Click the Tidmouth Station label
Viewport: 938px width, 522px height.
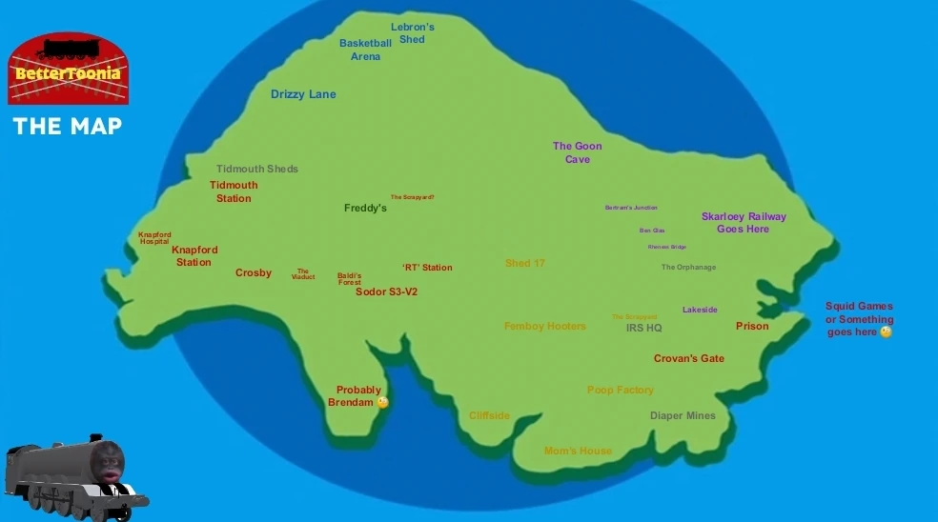click(234, 191)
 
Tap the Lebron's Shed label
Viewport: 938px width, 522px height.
click(412, 33)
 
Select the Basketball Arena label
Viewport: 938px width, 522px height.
click(365, 50)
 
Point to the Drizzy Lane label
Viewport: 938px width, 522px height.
click(303, 94)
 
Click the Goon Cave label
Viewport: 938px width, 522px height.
click(577, 152)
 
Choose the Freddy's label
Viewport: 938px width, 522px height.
click(365, 208)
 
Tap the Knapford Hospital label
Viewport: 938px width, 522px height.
click(154, 238)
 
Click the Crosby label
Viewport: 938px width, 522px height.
click(254, 272)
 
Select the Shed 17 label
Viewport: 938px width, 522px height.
click(524, 263)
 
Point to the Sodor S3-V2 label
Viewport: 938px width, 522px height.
click(386, 291)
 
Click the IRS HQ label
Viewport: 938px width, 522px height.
click(643, 328)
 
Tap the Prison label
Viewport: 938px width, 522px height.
click(752, 326)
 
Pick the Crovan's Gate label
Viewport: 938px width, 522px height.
click(688, 358)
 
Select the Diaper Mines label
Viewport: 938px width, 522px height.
click(683, 415)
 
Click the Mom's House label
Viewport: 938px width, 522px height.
click(578, 451)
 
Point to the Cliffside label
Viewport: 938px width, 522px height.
click(489, 415)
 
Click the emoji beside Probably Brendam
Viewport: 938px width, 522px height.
click(383, 403)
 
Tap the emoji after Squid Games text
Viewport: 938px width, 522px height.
click(886, 332)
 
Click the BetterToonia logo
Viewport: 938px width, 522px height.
click(69, 69)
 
